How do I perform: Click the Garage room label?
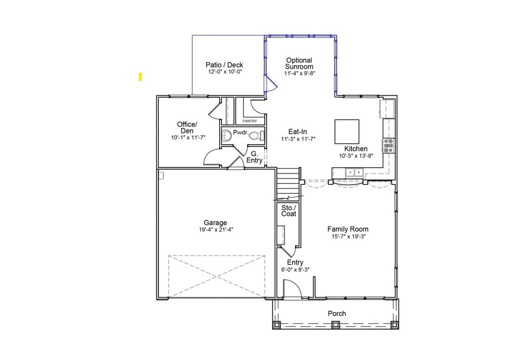(215, 222)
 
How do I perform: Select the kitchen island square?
(347, 131)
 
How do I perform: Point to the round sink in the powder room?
(227, 136)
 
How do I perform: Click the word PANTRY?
(250, 121)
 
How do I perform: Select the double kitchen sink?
(354, 173)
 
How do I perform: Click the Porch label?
(337, 314)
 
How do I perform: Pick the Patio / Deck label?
(225, 65)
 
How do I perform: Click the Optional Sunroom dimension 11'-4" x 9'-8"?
(300, 73)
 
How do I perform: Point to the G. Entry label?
(254, 157)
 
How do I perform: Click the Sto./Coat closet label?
(289, 211)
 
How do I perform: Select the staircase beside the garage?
(289, 184)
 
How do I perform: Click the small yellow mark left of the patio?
(140, 77)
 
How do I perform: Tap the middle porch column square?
(335, 325)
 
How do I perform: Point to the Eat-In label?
(298, 132)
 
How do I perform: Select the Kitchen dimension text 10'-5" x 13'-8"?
(356, 156)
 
